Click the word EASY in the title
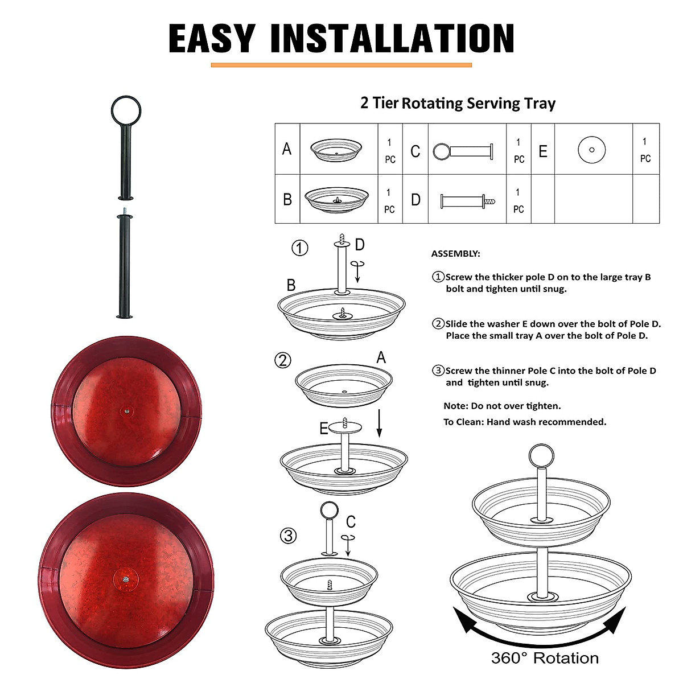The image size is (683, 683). pos(211,39)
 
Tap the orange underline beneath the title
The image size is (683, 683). pos(341,65)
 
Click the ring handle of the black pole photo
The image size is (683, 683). pos(126,110)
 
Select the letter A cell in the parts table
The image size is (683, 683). pos(287,149)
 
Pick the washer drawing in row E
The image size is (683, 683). pos(591,150)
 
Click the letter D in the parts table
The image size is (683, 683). pos(415,200)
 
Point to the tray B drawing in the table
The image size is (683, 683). pos(337,199)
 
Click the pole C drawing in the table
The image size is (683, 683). pos(463,151)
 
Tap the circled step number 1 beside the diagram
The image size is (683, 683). pos(300,248)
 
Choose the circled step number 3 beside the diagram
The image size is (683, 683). pos(289,536)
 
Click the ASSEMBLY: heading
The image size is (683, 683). pos(455,254)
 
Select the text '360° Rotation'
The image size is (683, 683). pos(545,659)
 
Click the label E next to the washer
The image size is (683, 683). pos(324,429)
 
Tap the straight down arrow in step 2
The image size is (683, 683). pos(379,425)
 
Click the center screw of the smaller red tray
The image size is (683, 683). pos(126,409)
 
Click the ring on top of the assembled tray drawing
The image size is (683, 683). pos(541,455)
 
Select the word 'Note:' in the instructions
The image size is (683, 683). pos(456,406)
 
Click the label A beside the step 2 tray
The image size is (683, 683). pos(381,357)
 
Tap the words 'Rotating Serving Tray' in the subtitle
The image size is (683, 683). pos(478,104)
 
